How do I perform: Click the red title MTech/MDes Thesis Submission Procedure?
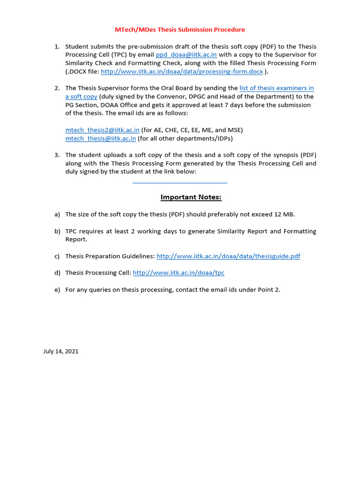coord(180,30)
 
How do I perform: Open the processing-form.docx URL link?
coord(182,72)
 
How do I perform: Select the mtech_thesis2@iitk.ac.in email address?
coord(102,130)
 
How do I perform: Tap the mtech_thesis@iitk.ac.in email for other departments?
coord(100,138)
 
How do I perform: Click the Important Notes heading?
coord(191,197)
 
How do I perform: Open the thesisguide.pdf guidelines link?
coord(228,256)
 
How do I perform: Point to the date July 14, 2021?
coord(61,351)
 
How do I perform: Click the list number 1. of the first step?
coord(57,46)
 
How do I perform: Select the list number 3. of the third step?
coord(57,155)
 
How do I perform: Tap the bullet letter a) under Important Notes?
coord(57,214)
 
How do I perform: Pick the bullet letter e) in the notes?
coord(57,290)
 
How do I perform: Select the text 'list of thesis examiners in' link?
coord(277,88)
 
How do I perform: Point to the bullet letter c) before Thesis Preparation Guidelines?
coord(57,256)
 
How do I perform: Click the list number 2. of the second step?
coord(57,88)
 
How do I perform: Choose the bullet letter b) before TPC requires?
coord(57,231)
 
